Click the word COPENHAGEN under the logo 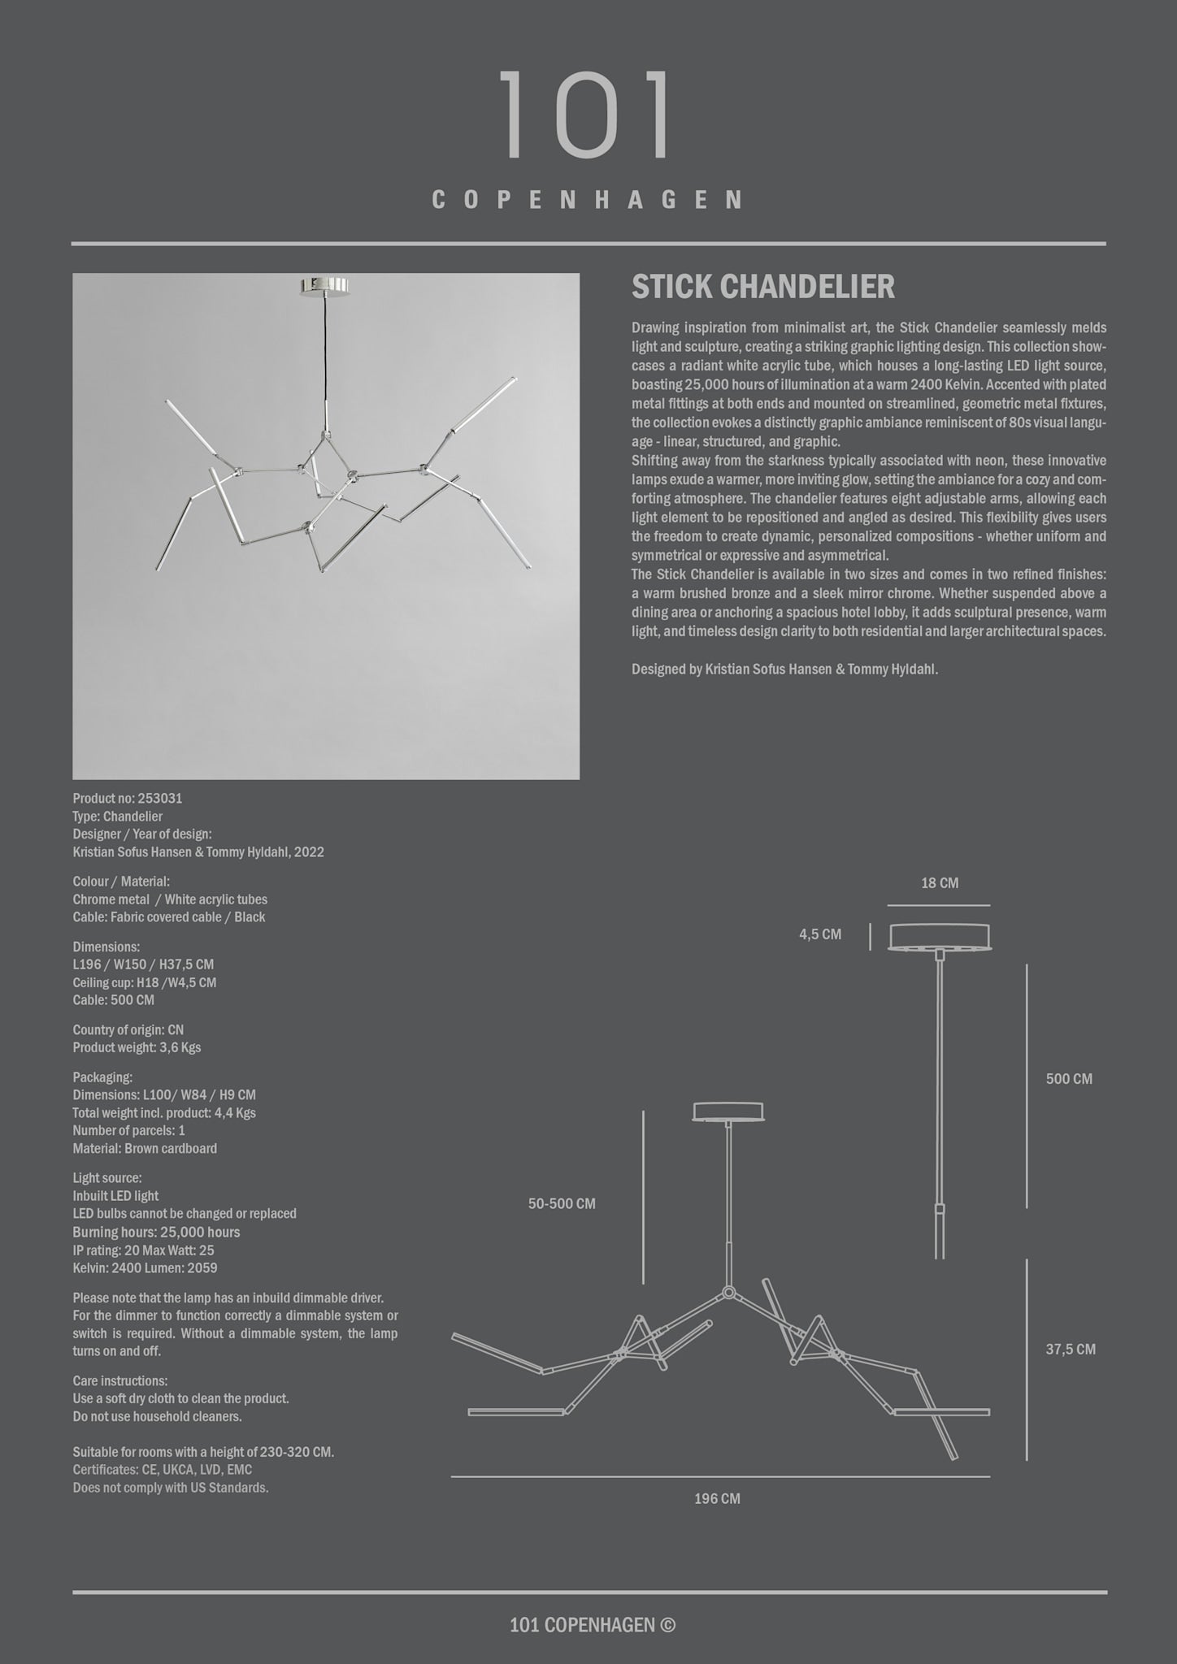pos(587,200)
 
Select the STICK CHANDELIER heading pos(763,287)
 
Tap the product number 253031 pos(159,799)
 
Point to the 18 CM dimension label pos(940,883)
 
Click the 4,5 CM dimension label pos(820,934)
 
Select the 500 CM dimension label pos(1069,1079)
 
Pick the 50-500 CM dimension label pos(562,1203)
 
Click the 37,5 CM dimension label pos(1071,1349)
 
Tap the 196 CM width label pos(717,1498)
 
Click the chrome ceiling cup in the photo pos(326,286)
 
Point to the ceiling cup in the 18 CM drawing pos(940,936)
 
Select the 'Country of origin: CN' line pos(128,1029)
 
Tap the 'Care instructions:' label pos(120,1380)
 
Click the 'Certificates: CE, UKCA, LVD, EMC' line pos(162,1470)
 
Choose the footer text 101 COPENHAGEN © pos(592,1624)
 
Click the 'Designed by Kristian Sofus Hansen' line pos(784,669)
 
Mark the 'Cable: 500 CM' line pos(113,1000)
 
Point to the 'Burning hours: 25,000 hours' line pos(156,1232)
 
